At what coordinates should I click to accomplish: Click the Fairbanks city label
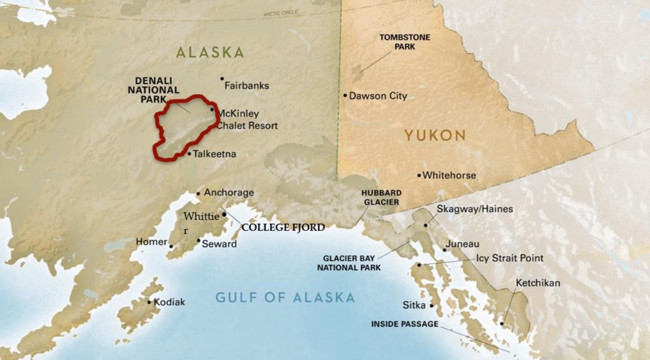click(x=247, y=86)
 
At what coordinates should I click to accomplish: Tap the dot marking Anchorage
click(x=199, y=194)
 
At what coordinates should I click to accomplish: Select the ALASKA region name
click(x=210, y=52)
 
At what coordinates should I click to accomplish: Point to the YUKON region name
click(x=435, y=135)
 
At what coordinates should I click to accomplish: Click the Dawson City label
click(x=378, y=96)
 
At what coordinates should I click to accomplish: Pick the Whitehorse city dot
click(x=419, y=176)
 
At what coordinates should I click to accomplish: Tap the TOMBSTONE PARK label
click(x=404, y=42)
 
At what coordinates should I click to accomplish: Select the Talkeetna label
click(x=214, y=154)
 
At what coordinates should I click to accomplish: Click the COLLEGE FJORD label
click(x=283, y=227)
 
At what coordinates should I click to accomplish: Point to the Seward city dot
click(x=199, y=240)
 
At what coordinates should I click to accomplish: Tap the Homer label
click(x=151, y=242)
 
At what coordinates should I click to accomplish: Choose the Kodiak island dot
click(x=149, y=302)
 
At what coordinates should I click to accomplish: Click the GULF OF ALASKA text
click(x=285, y=298)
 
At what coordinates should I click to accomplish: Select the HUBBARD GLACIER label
click(x=381, y=197)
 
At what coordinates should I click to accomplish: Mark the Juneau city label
click(x=462, y=244)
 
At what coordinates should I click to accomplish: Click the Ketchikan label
click(x=537, y=283)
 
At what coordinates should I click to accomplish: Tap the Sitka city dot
click(x=431, y=306)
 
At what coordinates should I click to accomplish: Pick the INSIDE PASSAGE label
click(x=404, y=324)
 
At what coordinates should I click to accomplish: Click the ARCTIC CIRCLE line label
click(x=281, y=13)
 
